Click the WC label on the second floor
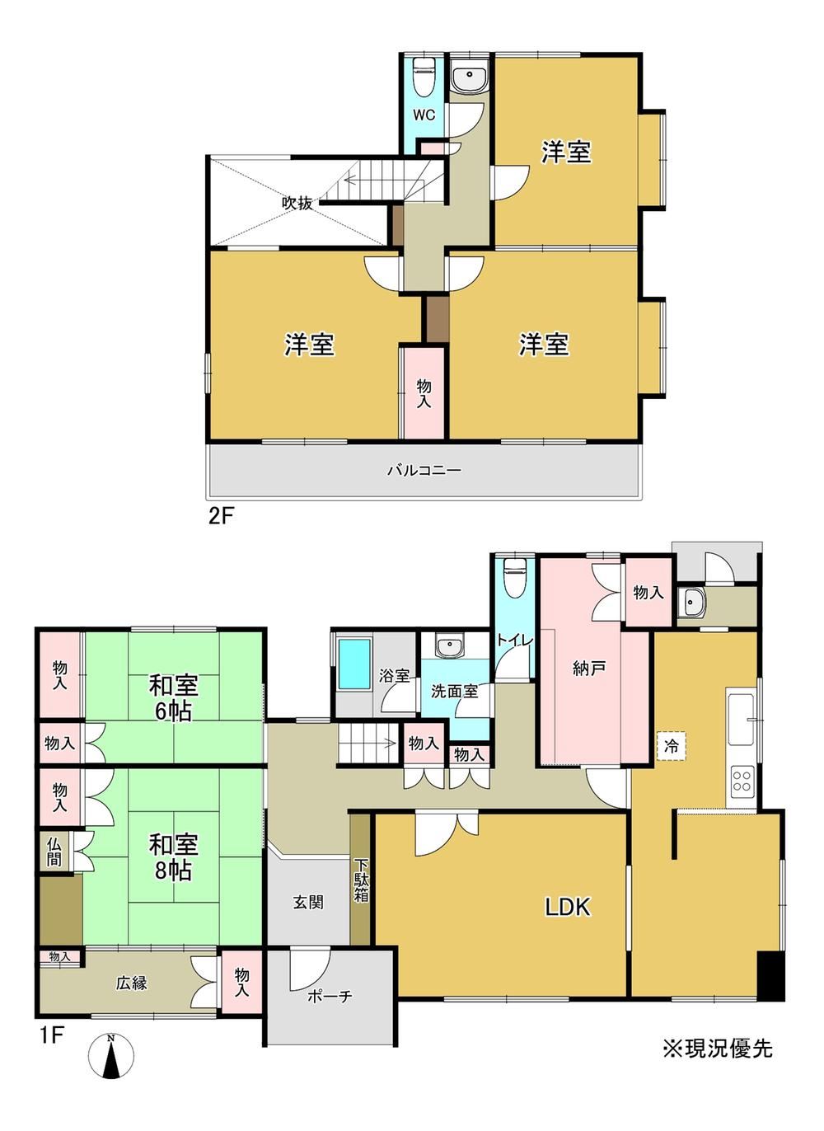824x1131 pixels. click(424, 115)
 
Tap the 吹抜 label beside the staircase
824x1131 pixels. click(297, 203)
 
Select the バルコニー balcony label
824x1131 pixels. click(424, 471)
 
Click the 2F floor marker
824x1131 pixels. click(221, 517)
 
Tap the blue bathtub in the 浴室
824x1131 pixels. click(354, 664)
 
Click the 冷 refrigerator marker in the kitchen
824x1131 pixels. click(671, 746)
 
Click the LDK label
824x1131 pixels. click(568, 907)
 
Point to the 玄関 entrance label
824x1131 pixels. click(308, 903)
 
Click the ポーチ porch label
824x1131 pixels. click(330, 996)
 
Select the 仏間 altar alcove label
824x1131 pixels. click(54, 852)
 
